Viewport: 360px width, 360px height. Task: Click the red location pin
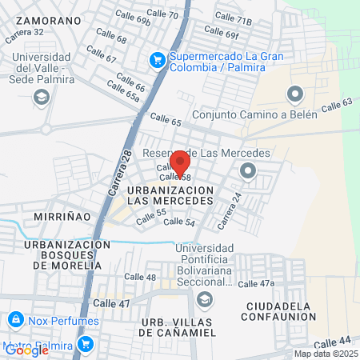click(x=180, y=162)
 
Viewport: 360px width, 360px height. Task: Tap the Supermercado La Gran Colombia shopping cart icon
click(x=157, y=58)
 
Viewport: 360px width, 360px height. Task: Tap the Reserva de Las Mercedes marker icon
click(x=247, y=170)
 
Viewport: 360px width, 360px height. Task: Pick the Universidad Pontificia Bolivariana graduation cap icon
click(x=204, y=299)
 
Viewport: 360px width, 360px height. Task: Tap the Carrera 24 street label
click(x=229, y=211)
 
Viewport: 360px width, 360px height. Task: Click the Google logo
click(x=26, y=350)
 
